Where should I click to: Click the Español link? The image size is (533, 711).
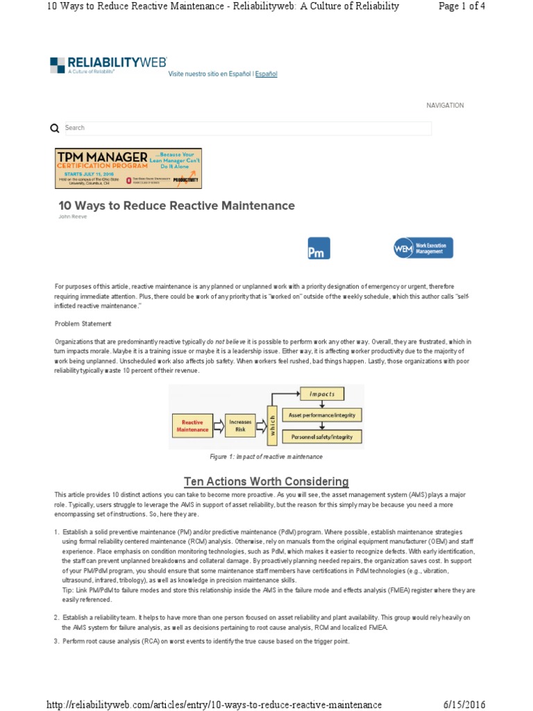click(x=266, y=74)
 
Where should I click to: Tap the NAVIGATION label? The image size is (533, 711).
click(x=445, y=106)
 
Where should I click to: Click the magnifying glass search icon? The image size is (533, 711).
click(x=55, y=128)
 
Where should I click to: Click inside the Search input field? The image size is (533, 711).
click(x=246, y=128)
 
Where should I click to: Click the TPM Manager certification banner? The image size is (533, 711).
click(x=128, y=168)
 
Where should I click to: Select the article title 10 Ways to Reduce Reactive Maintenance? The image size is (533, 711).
click(x=176, y=206)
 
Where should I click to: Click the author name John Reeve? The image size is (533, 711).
click(x=70, y=217)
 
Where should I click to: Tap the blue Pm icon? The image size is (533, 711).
click(x=319, y=249)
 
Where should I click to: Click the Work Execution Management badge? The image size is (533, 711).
click(x=423, y=249)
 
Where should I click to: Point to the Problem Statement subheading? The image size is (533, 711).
click(x=83, y=324)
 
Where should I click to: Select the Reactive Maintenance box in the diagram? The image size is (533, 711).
click(x=192, y=425)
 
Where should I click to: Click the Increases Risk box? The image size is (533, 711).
click(x=240, y=425)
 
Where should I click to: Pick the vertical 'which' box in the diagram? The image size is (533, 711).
click(x=272, y=425)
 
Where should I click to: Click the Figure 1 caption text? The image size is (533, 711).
click(x=266, y=457)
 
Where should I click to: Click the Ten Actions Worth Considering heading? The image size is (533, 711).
click(x=266, y=481)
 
